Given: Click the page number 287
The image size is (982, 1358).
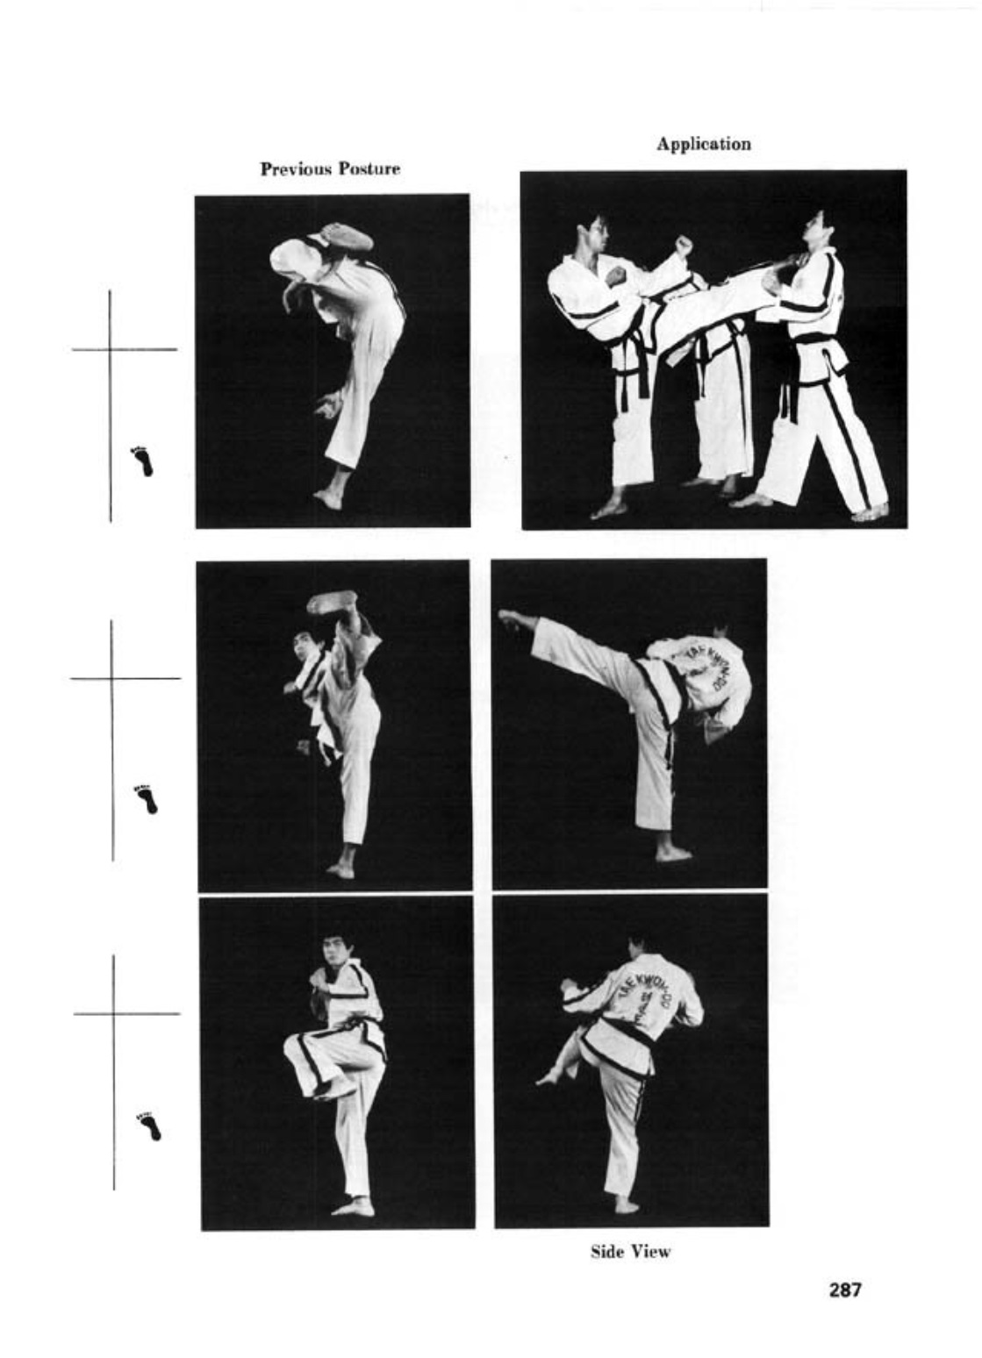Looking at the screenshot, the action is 844,1290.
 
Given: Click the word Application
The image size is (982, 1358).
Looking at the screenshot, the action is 704,144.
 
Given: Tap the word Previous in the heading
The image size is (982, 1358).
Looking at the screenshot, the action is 296,168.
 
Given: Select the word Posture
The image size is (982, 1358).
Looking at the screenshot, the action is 369,168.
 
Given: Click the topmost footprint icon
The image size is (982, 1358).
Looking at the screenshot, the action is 142,460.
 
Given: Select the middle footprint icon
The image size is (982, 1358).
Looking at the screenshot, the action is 146,797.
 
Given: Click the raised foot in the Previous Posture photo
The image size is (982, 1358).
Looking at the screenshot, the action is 346,237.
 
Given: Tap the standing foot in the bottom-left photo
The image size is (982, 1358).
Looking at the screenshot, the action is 354,1206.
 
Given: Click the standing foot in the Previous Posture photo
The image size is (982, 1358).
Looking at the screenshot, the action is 329,499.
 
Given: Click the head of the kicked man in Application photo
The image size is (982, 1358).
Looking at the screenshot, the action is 814,229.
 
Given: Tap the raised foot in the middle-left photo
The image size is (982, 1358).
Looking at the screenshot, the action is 332,602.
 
